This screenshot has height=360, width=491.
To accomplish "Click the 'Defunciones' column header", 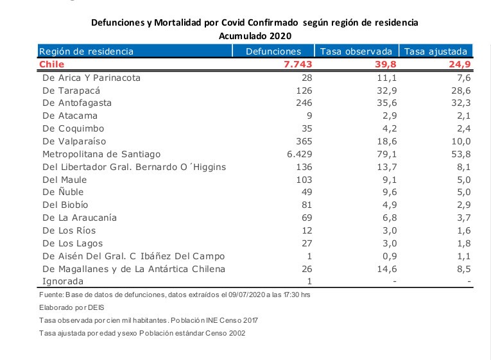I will click(273, 51).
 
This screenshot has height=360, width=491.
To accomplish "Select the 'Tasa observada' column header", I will click(356, 51).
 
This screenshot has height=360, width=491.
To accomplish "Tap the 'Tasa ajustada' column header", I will click(436, 51).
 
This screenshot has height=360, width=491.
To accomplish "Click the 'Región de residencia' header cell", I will click(87, 51).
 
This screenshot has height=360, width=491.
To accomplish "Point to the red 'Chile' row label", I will click(52, 64).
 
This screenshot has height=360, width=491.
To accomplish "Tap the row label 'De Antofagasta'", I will click(76, 103).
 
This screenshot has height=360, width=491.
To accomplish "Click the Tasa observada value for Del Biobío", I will click(384, 205).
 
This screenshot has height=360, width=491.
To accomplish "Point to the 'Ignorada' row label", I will click(63, 281).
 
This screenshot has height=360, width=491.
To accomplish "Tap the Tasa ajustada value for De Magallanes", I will click(463, 268).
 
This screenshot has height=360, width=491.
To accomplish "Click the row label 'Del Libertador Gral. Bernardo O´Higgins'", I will click(134, 167).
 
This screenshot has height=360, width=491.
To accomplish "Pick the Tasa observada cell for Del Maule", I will click(384, 180).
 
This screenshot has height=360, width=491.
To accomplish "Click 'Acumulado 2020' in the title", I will click(255, 35).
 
